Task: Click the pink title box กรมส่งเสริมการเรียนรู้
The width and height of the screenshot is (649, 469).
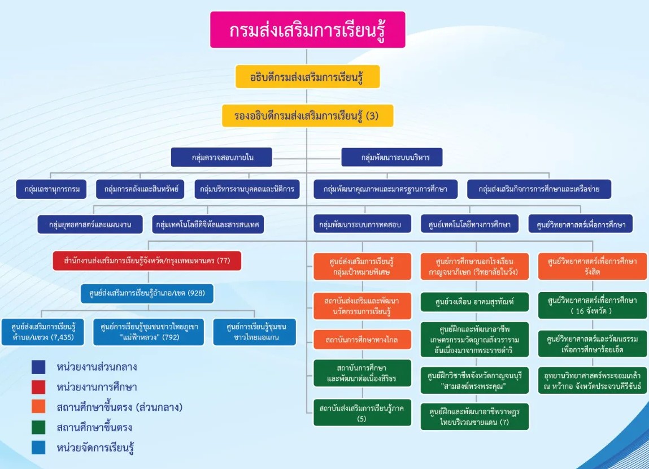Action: click(308, 30)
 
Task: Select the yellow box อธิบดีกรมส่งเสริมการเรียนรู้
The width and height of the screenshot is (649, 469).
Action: click(307, 77)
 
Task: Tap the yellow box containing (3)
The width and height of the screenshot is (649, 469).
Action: click(307, 116)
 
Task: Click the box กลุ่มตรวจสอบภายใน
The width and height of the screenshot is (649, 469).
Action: click(222, 157)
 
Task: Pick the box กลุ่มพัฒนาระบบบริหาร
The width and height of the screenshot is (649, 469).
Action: click(391, 157)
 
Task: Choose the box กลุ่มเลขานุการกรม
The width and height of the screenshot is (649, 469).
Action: click(51, 189)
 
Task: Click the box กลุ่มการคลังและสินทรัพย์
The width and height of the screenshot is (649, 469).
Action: click(141, 189)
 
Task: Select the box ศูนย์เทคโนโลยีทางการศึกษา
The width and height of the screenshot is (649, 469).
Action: click(469, 224)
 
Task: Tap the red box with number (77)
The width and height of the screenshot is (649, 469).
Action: click(147, 261)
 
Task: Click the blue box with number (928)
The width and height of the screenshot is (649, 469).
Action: click(147, 294)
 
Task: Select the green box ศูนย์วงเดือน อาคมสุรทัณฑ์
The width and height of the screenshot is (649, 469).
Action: click(474, 302)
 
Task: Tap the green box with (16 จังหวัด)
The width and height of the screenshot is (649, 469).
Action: click(592, 306)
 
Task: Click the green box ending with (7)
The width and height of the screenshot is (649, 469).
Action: click(474, 416)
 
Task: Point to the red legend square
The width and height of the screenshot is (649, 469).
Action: click(38, 387)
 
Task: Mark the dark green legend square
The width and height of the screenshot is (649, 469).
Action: click(38, 428)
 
